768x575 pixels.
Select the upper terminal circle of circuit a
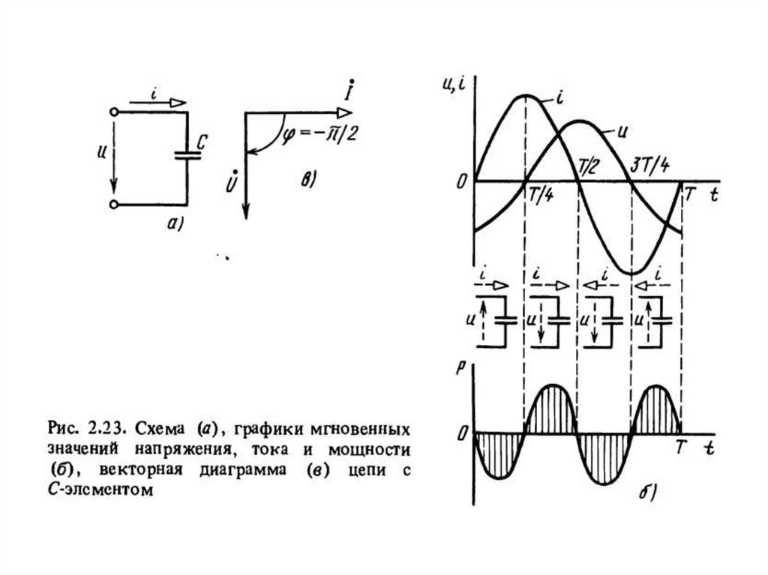coord(113,112)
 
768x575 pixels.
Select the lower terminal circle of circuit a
coord(113,204)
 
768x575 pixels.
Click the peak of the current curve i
coord(526,95)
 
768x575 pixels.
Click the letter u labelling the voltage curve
coord(621,130)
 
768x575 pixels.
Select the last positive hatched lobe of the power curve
coord(656,409)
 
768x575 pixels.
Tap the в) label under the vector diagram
coord(308,178)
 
